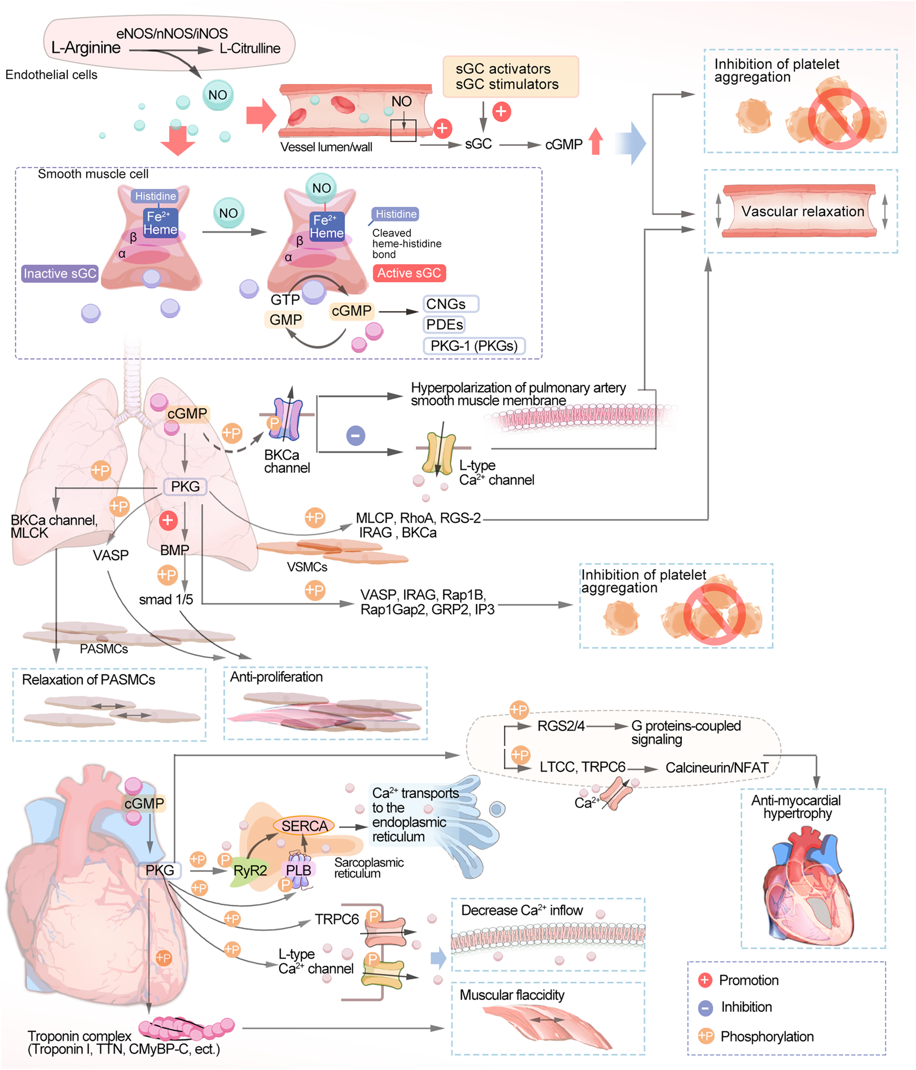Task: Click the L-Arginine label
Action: [85, 48]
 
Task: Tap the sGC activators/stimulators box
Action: [510, 76]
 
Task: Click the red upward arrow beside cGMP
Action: [596, 141]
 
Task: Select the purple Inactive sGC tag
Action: [60, 273]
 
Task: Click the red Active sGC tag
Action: [409, 273]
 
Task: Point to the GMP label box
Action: [285, 319]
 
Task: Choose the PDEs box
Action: [444, 324]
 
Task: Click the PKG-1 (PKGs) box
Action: [474, 346]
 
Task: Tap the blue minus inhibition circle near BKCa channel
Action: [356, 436]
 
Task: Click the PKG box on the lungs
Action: [185, 487]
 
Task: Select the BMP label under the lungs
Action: [175, 550]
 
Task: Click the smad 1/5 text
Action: [166, 599]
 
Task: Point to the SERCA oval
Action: [304, 826]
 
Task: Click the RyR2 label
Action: [250, 871]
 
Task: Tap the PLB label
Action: [298, 870]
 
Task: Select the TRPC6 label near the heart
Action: [337, 919]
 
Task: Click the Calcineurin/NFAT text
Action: [717, 768]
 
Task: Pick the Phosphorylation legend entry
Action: [767, 1036]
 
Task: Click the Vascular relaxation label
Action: [802, 211]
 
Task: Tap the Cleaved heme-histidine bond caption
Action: [406, 243]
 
